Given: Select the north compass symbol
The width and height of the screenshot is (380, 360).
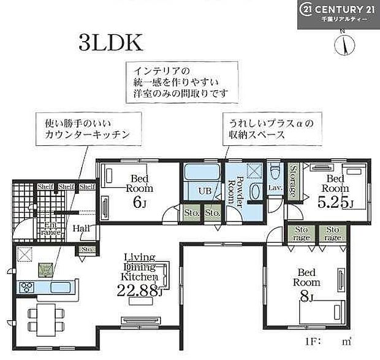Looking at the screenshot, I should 345,44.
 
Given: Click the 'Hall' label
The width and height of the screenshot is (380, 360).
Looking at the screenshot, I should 81,228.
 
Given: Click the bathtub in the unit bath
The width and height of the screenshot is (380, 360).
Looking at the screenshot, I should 202,174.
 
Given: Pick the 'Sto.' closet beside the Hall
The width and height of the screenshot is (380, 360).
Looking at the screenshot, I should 86,250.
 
